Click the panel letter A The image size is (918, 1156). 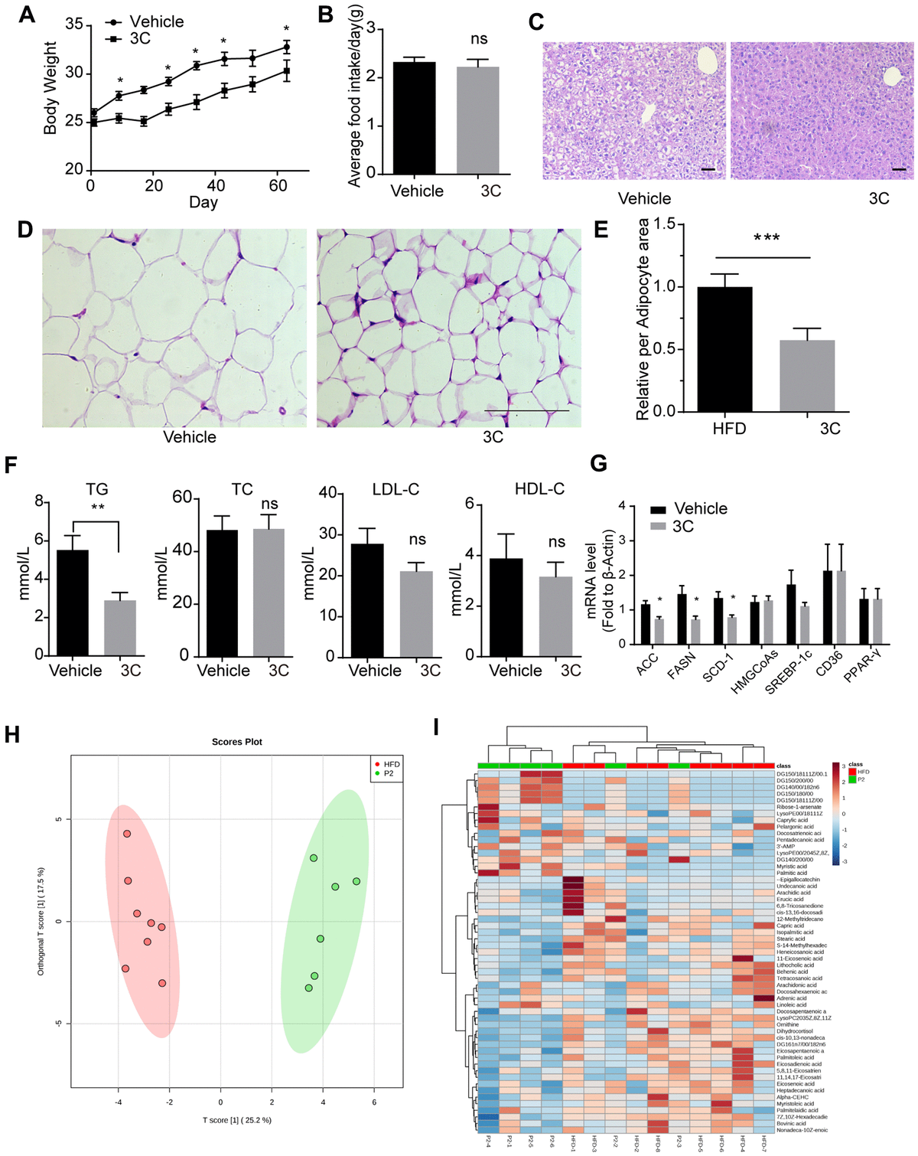pos(26,15)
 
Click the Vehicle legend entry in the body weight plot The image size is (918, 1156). pos(156,21)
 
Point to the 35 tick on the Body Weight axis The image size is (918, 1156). pos(73,24)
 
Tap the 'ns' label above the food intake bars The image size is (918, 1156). pos(479,39)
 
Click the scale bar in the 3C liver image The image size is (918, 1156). pos(898,169)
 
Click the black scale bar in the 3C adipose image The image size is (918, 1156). pos(527,411)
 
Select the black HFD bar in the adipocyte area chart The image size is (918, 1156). pos(724,349)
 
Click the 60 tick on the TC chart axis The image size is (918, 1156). pos(182,498)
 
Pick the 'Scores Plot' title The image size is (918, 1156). pos(237,742)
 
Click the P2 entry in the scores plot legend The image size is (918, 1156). pos(389,774)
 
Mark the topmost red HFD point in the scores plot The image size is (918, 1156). pos(127,834)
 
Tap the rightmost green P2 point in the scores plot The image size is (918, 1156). pos(356,881)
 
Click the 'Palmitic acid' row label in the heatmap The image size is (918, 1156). pos(791,873)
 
